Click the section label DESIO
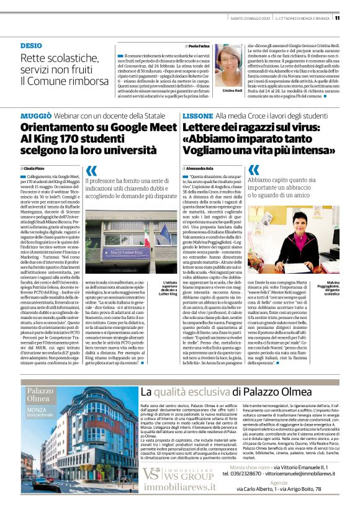coord(31,46)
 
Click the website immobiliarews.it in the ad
coord(177,488)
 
